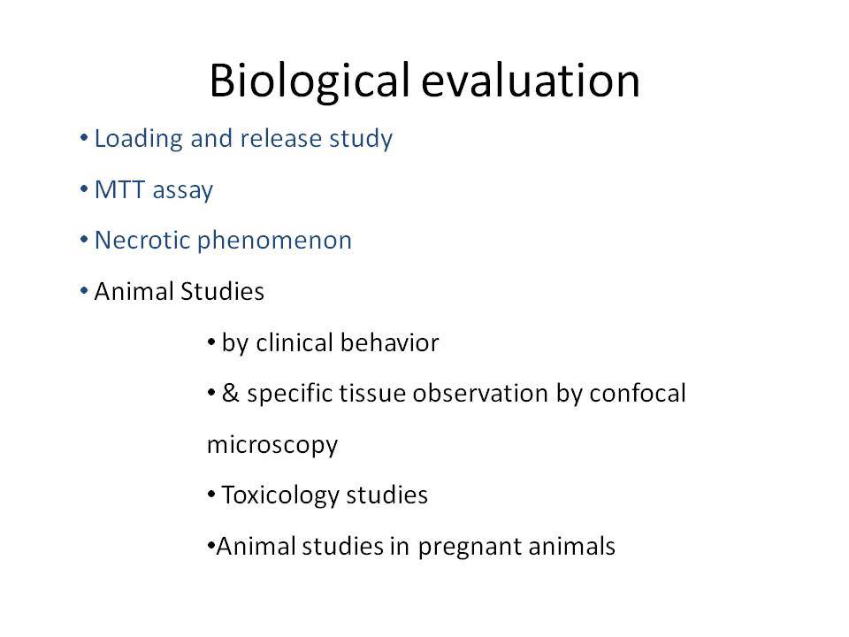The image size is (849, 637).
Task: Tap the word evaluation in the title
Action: point(531,81)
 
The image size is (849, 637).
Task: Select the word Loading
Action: point(139,139)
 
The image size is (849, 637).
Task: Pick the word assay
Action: point(183,192)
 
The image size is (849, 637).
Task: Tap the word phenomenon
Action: point(274,241)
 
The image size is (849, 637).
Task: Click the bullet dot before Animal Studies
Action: point(84,291)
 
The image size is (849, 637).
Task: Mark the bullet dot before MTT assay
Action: point(84,189)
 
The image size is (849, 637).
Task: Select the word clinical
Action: point(294,342)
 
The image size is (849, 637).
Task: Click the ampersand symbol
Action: point(230,393)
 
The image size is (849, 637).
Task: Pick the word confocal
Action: point(638,393)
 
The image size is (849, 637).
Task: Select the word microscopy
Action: point(272,445)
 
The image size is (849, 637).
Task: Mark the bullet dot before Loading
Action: point(84,138)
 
